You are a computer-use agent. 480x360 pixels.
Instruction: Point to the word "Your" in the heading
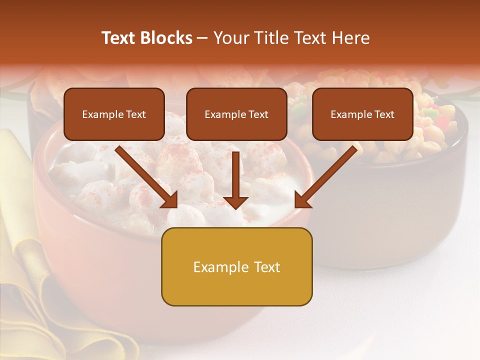[230, 38]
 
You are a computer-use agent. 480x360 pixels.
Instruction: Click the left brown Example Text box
[114, 114]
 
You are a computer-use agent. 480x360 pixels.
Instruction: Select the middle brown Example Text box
[236, 114]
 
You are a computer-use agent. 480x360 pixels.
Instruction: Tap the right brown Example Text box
[362, 114]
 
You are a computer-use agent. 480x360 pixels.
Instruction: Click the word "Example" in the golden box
[214, 267]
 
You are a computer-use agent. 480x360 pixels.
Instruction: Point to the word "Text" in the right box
[384, 114]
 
